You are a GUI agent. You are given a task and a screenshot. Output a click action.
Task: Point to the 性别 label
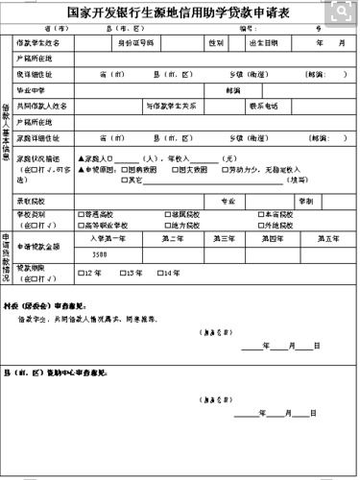[x=217, y=44]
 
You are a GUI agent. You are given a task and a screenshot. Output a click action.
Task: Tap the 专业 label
[x=228, y=202]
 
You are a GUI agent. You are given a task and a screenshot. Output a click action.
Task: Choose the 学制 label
[x=306, y=202]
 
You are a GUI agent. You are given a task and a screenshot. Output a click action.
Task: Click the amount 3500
[x=100, y=254]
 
